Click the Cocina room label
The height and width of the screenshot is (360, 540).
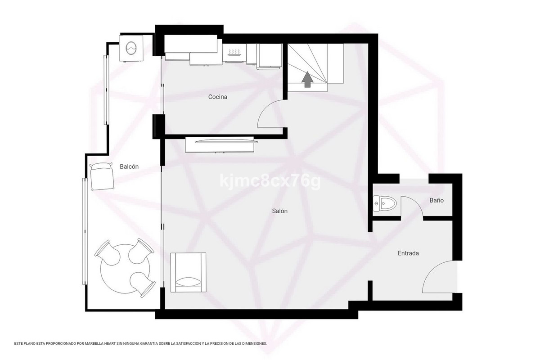217,97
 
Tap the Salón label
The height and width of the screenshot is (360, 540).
279,211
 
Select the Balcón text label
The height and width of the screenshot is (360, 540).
129,166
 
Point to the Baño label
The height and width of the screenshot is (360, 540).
436,200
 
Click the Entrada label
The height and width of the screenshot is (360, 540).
408,253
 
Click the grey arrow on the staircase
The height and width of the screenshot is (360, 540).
308,79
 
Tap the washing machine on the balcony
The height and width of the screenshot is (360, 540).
131,49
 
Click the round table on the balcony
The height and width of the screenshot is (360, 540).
125,269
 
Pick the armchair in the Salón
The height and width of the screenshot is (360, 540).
188,272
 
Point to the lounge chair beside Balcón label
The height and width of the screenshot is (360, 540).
102,176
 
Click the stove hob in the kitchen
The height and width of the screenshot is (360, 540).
234,53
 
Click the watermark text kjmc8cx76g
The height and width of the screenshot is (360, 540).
270,181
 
